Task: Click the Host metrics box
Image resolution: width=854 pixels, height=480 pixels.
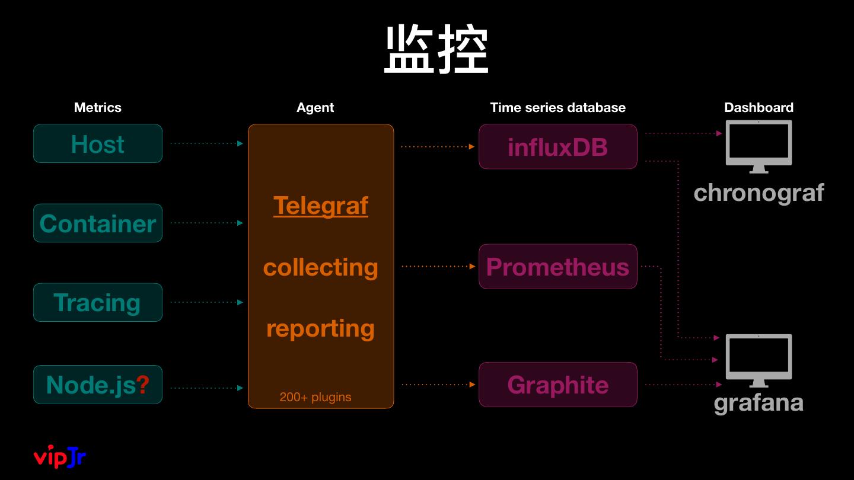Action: tap(98, 143)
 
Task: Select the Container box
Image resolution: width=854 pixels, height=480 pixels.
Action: tap(98, 223)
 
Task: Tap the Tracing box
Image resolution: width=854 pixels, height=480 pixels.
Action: tap(98, 302)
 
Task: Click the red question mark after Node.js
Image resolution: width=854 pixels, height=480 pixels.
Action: tap(143, 385)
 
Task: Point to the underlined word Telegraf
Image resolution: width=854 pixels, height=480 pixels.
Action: tap(320, 206)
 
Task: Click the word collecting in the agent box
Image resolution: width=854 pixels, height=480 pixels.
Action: tap(320, 267)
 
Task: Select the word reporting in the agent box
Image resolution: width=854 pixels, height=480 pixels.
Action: tap(320, 328)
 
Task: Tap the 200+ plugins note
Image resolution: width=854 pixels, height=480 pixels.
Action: tap(316, 397)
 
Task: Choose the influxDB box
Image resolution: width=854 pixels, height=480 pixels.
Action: tap(557, 146)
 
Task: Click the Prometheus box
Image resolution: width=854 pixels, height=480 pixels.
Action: tap(557, 267)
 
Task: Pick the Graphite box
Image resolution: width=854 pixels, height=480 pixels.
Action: tap(557, 385)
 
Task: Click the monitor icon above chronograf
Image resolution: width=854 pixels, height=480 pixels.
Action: tap(759, 146)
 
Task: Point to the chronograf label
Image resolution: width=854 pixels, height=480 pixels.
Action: tap(759, 193)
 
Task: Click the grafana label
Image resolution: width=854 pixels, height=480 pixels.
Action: tap(759, 403)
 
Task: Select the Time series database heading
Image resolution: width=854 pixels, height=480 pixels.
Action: tap(557, 107)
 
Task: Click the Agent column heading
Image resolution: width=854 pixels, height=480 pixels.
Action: tap(315, 107)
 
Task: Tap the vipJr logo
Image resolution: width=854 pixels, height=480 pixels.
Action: tap(60, 457)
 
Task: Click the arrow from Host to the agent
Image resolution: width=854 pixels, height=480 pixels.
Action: tap(206, 143)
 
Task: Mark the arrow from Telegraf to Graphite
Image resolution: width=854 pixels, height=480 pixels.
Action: tap(438, 385)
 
